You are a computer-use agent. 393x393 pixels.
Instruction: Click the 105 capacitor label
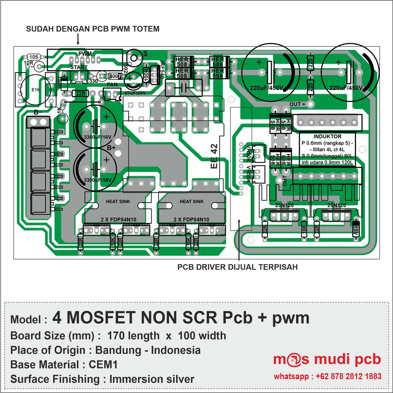(x=33, y=57)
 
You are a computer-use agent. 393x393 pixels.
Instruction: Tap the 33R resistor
(x=81, y=93)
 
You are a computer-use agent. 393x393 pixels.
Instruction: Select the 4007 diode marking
(x=115, y=76)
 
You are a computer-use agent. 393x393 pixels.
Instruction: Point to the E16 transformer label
(x=35, y=89)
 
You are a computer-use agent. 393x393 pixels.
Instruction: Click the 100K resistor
(x=146, y=73)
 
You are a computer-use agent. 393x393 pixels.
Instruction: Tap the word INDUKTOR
(x=327, y=136)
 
